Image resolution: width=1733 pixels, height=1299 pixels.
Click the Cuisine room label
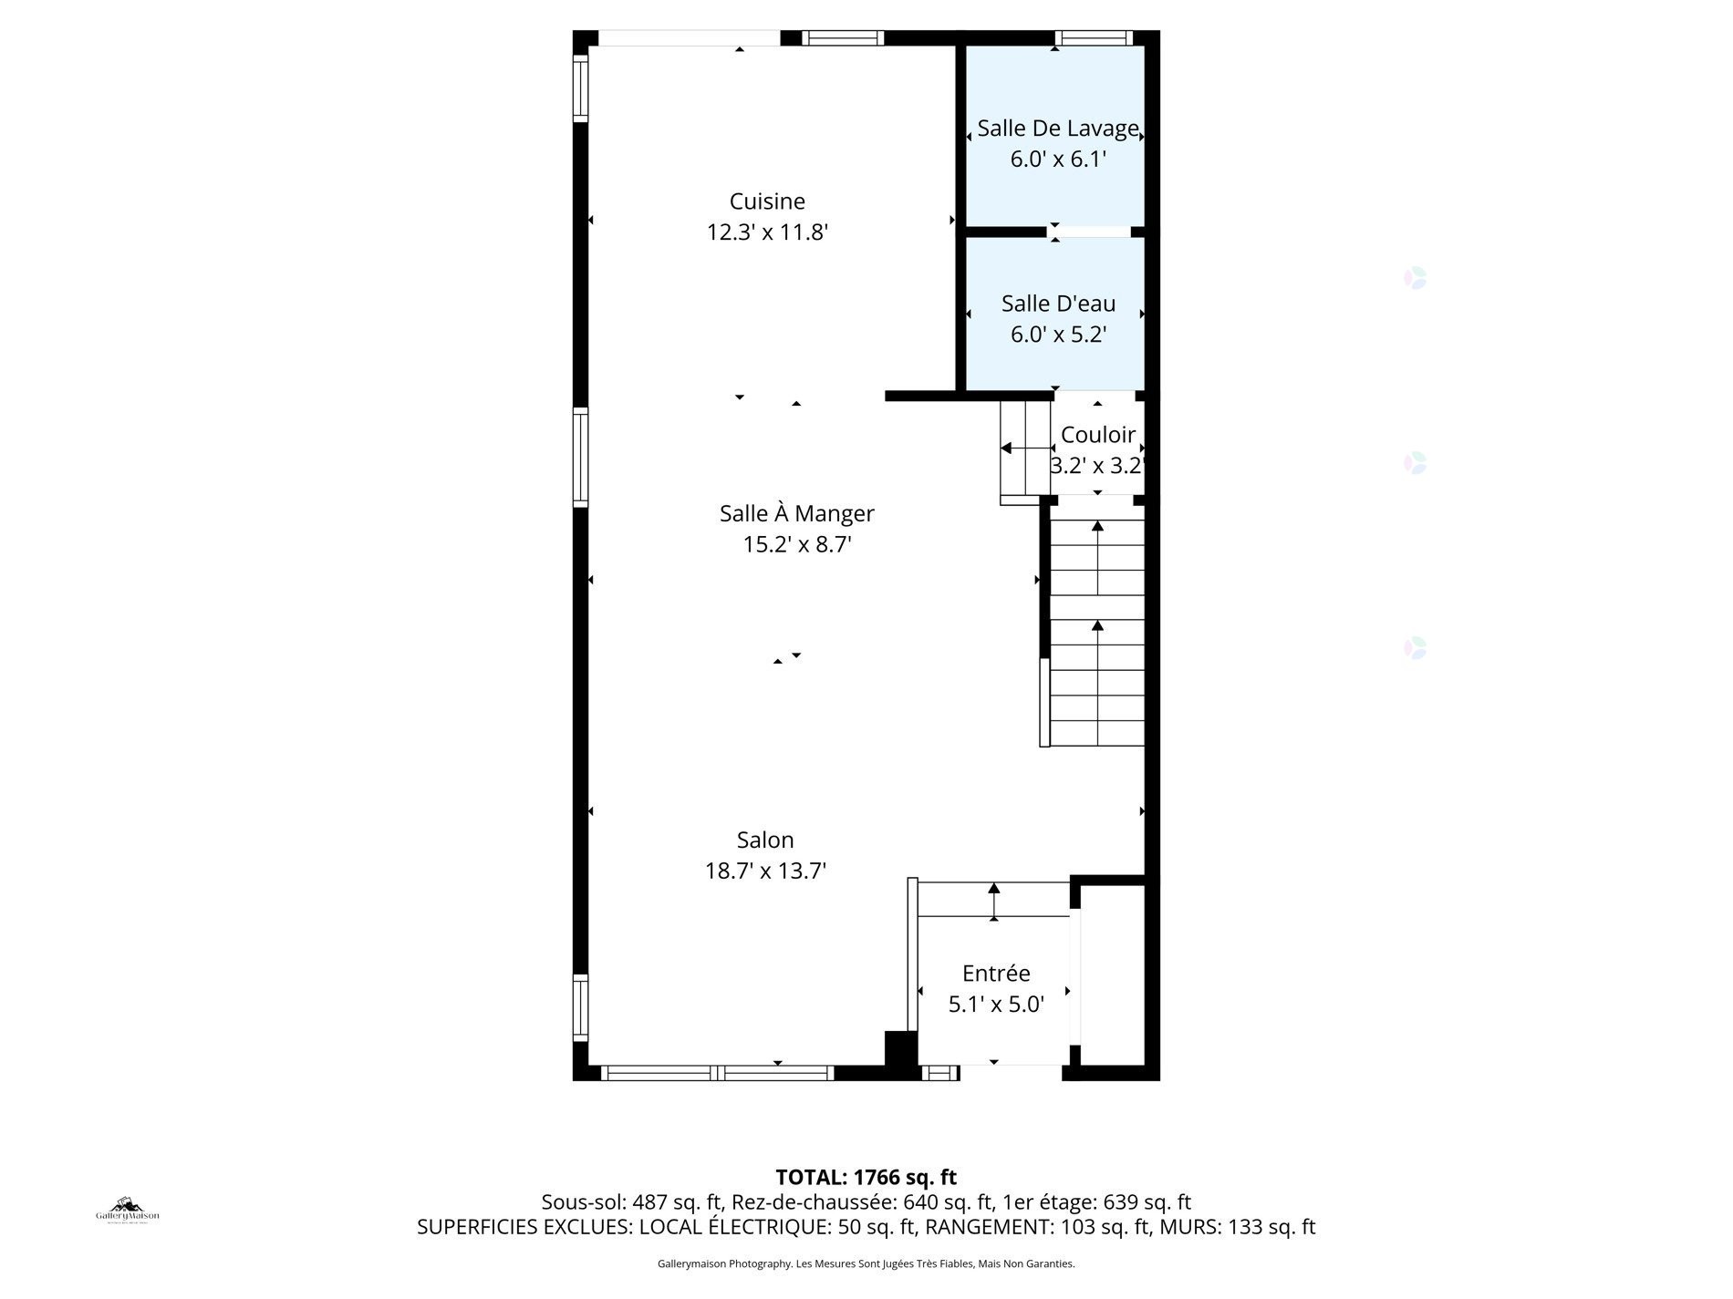(x=767, y=201)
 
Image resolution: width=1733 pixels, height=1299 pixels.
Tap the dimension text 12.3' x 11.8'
(x=767, y=232)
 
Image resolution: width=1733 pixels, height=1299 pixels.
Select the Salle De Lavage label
(x=1057, y=129)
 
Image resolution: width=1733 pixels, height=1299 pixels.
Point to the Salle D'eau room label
(x=1058, y=304)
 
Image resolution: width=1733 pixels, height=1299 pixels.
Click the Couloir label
(x=1098, y=435)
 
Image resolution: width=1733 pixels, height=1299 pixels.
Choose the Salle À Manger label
(x=796, y=513)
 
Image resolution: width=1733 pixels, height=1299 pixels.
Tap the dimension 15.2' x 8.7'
(x=796, y=544)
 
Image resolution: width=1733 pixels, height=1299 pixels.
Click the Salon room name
(x=765, y=840)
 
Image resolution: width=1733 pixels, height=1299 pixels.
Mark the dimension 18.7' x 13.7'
(x=765, y=871)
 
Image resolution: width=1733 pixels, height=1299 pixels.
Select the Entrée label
(x=995, y=973)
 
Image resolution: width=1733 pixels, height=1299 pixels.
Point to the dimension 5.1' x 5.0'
(x=995, y=1004)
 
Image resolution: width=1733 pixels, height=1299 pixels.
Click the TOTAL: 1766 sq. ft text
(x=866, y=1177)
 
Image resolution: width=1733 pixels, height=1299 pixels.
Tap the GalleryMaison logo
(x=128, y=1211)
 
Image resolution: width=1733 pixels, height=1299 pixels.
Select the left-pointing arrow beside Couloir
(x=1007, y=448)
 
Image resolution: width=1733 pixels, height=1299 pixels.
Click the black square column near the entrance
(x=901, y=1047)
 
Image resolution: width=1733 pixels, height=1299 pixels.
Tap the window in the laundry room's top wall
(x=1093, y=38)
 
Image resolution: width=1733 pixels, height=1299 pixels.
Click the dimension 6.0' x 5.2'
(x=1058, y=335)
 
